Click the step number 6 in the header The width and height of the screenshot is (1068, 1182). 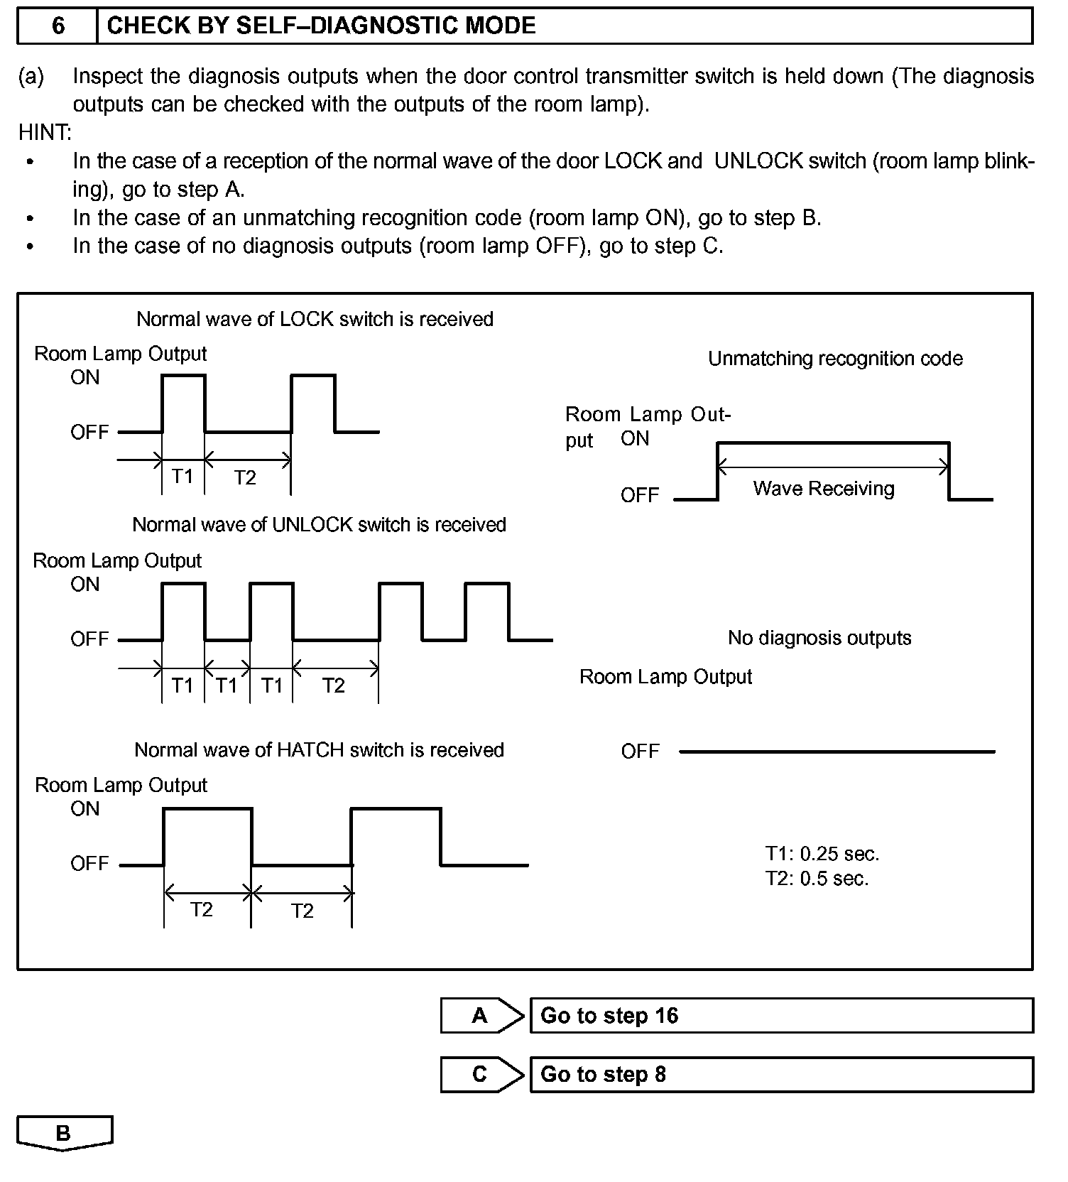tap(58, 26)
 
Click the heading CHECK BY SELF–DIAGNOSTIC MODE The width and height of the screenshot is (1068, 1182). tap(321, 26)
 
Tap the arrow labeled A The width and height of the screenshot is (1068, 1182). tap(481, 1015)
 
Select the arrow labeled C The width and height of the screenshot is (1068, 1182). tap(481, 1074)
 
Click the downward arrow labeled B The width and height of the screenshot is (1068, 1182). tap(64, 1133)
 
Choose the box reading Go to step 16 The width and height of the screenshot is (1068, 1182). tap(781, 1015)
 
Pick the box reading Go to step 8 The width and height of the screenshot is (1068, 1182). tap(781, 1074)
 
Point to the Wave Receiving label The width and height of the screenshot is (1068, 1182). tap(824, 489)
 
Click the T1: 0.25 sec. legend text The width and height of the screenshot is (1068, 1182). tap(822, 853)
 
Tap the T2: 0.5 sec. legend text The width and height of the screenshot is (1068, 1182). tap(817, 879)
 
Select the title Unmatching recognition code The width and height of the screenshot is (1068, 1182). tap(835, 359)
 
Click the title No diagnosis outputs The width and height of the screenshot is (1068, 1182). tap(819, 638)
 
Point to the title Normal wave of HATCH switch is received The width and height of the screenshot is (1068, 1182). tap(319, 750)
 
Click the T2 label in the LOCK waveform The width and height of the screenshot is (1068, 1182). tap(245, 477)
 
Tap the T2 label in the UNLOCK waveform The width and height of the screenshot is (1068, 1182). tap(333, 685)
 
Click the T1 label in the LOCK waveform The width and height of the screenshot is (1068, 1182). tap(182, 476)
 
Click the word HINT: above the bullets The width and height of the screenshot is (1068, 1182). tap(45, 133)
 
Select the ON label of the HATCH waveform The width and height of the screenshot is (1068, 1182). tap(85, 808)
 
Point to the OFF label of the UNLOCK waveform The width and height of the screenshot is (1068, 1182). tap(89, 639)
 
